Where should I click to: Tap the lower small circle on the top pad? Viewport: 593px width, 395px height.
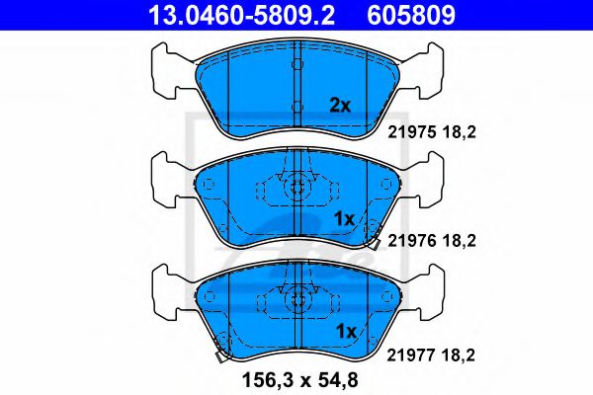296,105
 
